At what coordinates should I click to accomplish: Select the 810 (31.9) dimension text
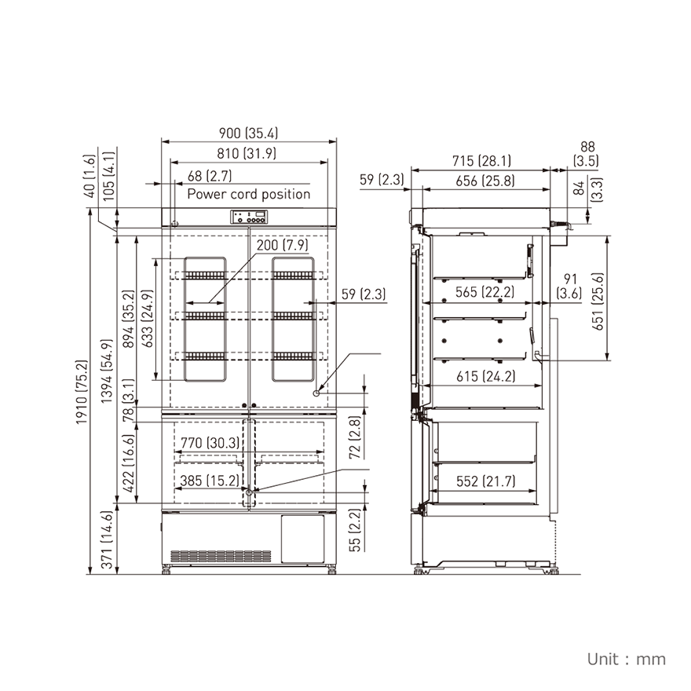point(248,154)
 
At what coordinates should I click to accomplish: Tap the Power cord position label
point(248,194)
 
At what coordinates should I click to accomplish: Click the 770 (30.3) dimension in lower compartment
point(210,443)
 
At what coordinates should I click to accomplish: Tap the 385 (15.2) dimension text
point(209,481)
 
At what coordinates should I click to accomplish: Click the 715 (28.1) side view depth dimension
point(481,161)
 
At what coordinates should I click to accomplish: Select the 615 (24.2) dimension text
point(485,376)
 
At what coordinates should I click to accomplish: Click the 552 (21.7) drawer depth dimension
point(485,481)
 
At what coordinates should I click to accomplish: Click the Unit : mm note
point(626,659)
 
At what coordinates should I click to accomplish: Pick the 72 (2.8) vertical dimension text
point(355,437)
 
